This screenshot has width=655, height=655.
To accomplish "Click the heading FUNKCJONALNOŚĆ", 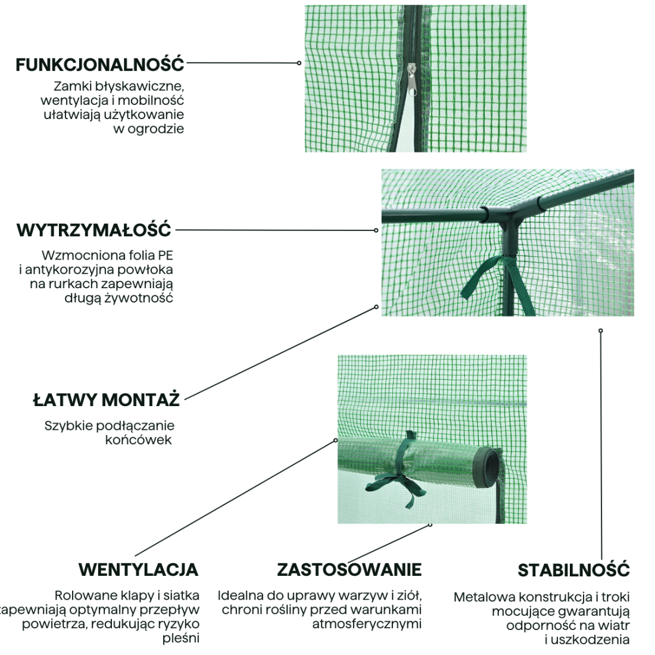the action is pos(100,65).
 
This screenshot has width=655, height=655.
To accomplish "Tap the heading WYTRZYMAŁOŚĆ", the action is pos(94,230).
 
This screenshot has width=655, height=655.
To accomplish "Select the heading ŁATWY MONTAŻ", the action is pos(106,400).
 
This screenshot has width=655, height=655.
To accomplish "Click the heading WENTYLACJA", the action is pos(139,569).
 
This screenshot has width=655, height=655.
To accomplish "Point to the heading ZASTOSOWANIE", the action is pos(349,569).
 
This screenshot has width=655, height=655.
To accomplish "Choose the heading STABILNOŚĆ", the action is pos(573,570).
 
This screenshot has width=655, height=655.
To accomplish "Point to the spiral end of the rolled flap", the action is pos(488,468).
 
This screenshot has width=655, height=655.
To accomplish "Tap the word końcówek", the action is pos(138,439).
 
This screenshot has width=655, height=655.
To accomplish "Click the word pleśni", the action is pos(181,638).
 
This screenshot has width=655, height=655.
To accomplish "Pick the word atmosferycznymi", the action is pos(367,624).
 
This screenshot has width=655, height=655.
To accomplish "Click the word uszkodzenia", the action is pos(590,640).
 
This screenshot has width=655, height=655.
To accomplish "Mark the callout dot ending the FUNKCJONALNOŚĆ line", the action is pos(299,63).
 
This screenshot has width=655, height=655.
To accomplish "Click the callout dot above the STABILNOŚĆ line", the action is pos(601,330).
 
